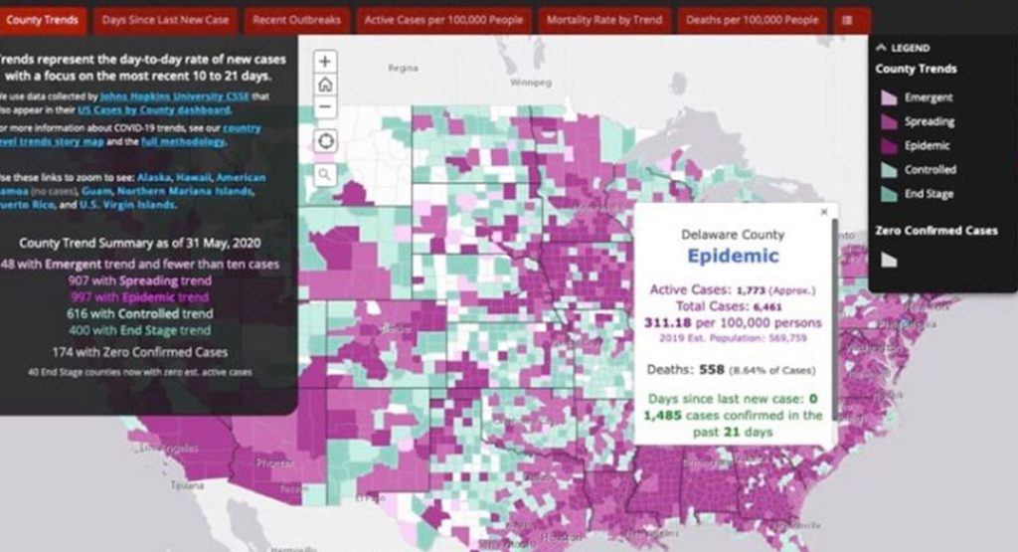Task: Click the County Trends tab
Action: [x=42, y=20]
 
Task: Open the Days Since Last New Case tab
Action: [x=165, y=20]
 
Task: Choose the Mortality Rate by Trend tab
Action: [x=604, y=20]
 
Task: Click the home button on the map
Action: [x=325, y=85]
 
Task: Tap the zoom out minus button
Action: [x=325, y=108]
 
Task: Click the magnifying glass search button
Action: [x=325, y=175]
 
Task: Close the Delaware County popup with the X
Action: [x=823, y=212]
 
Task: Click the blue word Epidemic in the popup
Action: [x=733, y=256]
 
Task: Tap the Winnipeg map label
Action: [x=530, y=83]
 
